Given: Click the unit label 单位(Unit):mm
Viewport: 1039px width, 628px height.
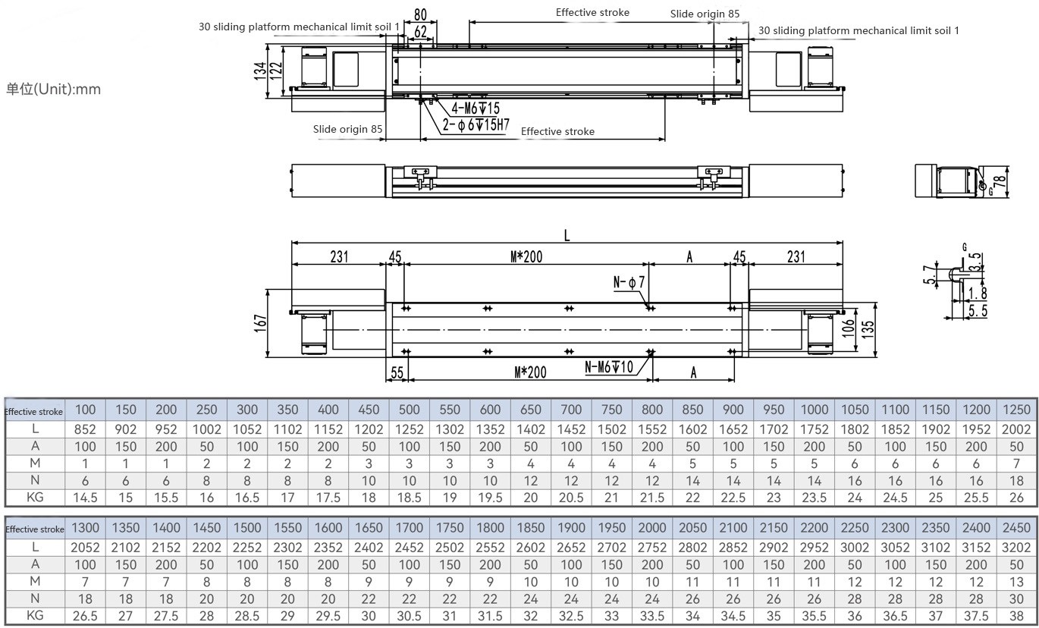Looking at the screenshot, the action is [53, 89].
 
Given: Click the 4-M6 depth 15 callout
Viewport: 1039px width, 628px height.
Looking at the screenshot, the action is [476, 108].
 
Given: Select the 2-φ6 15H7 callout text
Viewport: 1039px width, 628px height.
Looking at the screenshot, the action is [476, 124].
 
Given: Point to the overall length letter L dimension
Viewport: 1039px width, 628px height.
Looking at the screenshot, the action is [567, 236].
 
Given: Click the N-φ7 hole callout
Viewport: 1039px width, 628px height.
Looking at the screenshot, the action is [629, 282].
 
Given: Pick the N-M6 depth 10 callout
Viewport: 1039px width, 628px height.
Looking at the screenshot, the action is [609, 367].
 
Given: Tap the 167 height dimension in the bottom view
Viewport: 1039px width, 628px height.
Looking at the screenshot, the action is [261, 323].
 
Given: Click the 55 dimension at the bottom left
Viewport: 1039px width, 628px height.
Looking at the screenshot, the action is [397, 372].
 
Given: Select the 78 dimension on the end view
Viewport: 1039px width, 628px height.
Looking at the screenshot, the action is [1000, 181].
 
